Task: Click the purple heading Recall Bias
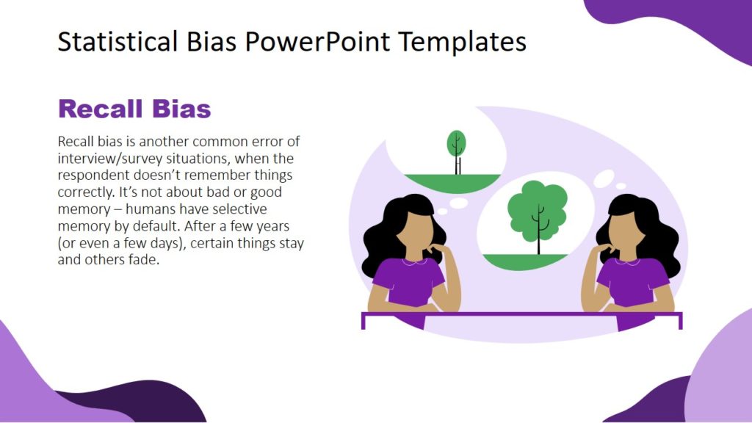click(134, 109)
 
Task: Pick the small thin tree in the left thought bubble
click(456, 149)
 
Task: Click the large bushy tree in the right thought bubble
click(538, 209)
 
